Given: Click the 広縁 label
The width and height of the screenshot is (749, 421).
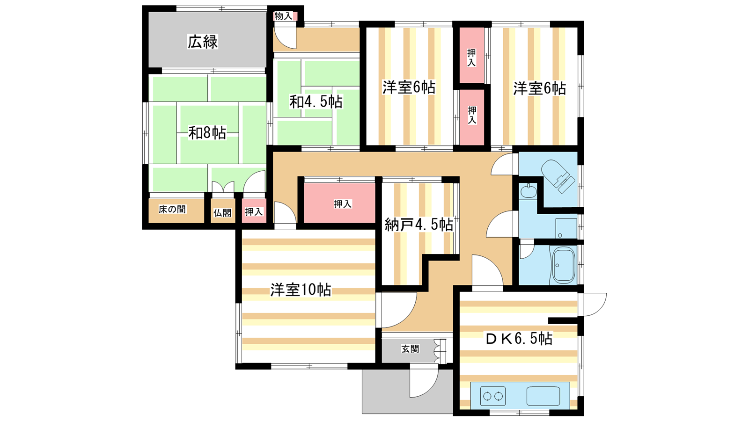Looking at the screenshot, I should click(203, 42).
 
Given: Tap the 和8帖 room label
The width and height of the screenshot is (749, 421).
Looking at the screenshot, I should click(207, 133).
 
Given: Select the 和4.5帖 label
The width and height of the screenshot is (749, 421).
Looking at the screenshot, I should click(316, 102).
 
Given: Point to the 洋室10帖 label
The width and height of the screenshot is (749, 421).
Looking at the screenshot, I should click(301, 290).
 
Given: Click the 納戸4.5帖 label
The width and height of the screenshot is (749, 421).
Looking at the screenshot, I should click(419, 225).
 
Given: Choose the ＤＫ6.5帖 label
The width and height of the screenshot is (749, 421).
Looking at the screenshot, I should click(519, 338).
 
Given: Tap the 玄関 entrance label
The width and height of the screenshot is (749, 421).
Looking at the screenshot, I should click(410, 349).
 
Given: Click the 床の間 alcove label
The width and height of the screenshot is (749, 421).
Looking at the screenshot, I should click(172, 210).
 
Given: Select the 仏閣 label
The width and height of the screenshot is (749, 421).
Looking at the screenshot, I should click(222, 213).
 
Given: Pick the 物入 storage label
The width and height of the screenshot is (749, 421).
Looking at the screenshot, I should click(283, 16).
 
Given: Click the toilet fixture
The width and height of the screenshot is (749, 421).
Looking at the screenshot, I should click(557, 175).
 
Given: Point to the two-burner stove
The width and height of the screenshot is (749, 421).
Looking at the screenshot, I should click(493, 397).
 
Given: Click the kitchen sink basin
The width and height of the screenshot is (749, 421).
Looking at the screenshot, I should click(543, 396).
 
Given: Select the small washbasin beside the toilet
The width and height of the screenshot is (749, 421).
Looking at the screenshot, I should click(529, 191).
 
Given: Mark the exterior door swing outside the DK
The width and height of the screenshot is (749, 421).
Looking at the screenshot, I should click(593, 304).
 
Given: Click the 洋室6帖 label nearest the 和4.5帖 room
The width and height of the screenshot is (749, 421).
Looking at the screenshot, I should click(409, 87).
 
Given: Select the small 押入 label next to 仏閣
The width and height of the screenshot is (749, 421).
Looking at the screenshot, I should click(254, 212).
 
